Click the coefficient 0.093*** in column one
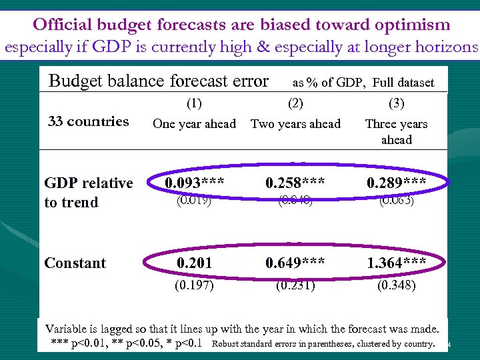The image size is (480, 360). pos(194,183)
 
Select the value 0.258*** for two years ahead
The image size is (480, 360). pos(295,183)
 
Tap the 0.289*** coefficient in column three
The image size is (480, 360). pos(396,183)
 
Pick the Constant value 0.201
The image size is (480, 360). pos(194,263)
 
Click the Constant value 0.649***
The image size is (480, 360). pos(295,263)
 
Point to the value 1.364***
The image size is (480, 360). pos(396,263)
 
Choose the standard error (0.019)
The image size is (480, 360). pos(194,201)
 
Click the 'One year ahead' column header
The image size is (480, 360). pos(194,124)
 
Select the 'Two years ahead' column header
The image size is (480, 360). pos(295,124)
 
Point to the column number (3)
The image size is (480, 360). pos(396,103)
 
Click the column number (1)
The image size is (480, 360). pos(194,103)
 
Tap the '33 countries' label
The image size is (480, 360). pos(89,121)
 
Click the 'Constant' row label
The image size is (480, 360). pos(75,263)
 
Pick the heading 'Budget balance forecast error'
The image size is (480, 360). pos(159,81)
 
